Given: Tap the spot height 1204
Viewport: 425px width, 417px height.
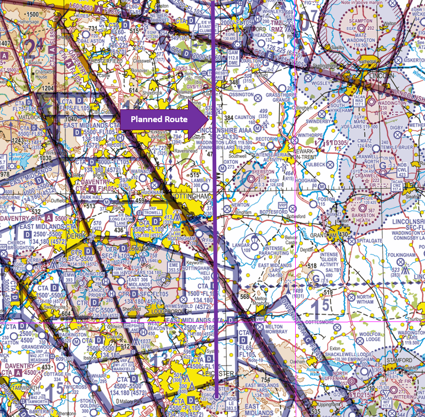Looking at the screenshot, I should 48,88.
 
